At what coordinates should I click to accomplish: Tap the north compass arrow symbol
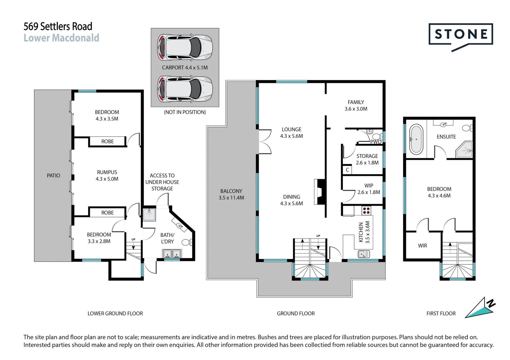480,308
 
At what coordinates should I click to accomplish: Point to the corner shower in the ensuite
464,150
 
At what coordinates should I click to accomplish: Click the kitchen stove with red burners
366,211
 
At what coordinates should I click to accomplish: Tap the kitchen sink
364,254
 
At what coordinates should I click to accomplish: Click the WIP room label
369,185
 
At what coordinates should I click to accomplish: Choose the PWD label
376,142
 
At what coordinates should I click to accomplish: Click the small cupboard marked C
347,170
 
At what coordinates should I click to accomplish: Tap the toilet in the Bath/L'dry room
187,242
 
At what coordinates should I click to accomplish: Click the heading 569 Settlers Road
58,26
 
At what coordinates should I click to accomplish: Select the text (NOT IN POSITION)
185,112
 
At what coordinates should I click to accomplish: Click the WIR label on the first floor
422,246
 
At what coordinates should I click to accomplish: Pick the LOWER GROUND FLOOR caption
115,313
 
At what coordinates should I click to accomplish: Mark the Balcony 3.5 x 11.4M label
231,194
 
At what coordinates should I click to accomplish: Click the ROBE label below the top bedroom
107,142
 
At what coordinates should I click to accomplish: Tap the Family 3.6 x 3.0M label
356,105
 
